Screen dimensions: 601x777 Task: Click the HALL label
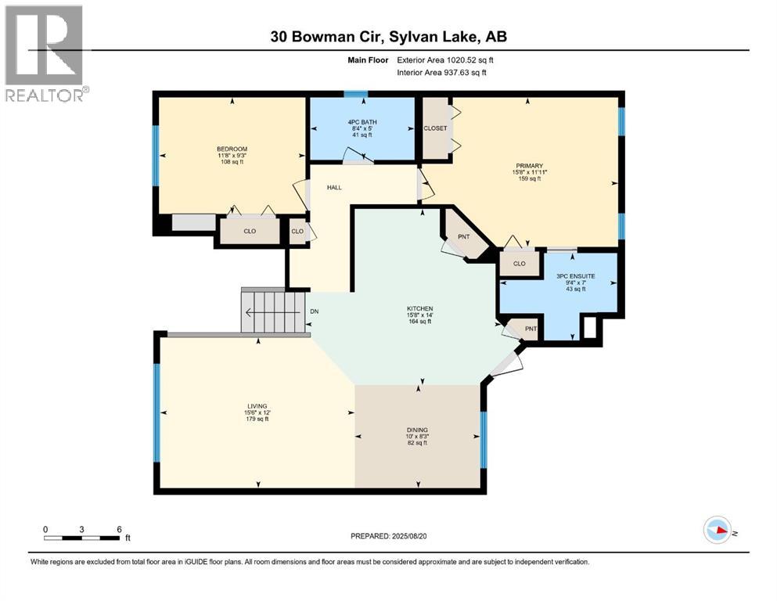pyautogui.click(x=333, y=188)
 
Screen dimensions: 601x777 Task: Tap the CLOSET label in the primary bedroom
pyautogui.click(x=435, y=128)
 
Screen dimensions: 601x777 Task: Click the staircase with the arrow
pyautogui.click(x=272, y=312)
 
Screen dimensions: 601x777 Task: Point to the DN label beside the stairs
pyautogui.click(x=314, y=311)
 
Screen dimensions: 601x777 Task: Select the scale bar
pyautogui.click(x=82, y=537)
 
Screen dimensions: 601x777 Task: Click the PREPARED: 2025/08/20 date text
pyautogui.click(x=389, y=536)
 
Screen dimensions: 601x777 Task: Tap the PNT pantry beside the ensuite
pyautogui.click(x=530, y=329)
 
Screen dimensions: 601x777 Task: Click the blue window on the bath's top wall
pyautogui.click(x=356, y=95)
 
